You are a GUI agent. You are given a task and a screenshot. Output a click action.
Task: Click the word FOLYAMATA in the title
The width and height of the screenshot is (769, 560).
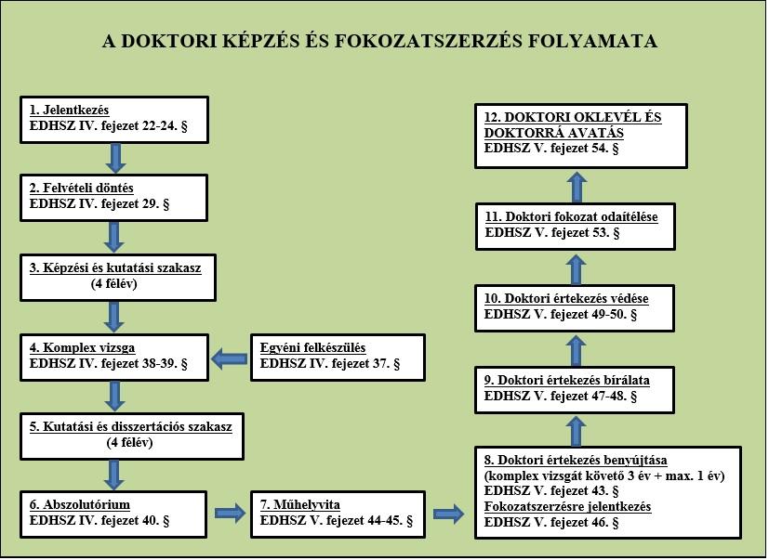click(x=592, y=41)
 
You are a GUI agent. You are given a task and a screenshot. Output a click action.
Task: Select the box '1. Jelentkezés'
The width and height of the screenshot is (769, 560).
click(x=114, y=120)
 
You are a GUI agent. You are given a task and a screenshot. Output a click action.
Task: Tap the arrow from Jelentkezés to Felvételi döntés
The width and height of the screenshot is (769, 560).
click(x=115, y=158)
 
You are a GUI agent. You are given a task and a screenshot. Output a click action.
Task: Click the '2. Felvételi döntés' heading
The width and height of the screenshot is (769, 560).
click(x=82, y=189)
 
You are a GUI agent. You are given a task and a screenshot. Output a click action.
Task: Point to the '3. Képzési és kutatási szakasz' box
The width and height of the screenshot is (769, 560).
click(x=118, y=278)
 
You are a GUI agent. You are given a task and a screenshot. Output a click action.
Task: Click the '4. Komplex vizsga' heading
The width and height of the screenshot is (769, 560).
click(x=82, y=348)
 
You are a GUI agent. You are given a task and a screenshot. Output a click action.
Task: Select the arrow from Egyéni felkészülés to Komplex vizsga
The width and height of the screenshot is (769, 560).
click(x=230, y=359)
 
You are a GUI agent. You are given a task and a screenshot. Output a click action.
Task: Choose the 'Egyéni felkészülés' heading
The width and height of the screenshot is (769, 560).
click(x=312, y=348)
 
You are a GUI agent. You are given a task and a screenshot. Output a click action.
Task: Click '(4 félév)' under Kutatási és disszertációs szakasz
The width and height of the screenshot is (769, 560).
click(x=130, y=442)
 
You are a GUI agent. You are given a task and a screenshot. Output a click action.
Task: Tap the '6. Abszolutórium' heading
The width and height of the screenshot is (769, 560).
click(x=80, y=504)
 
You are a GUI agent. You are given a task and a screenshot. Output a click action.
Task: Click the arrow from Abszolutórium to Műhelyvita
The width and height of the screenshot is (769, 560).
click(x=230, y=514)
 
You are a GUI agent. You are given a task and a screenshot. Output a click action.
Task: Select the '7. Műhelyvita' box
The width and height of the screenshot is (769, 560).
click(x=338, y=514)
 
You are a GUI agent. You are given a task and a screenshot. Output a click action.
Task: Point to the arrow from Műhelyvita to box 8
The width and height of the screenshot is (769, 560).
click(x=448, y=514)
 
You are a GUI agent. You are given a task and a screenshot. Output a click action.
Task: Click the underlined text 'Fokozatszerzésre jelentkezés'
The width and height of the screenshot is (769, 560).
click(x=567, y=506)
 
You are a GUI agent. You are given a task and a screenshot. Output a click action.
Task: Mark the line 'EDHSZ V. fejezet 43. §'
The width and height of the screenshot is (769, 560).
click(x=551, y=491)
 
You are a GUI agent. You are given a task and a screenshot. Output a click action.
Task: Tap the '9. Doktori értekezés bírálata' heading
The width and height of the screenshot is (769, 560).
click(x=567, y=380)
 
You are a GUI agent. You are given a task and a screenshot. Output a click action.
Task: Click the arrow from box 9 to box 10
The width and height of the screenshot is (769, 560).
click(x=577, y=350)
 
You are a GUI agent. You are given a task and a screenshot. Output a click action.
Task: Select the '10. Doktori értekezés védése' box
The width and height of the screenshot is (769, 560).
click(x=575, y=308)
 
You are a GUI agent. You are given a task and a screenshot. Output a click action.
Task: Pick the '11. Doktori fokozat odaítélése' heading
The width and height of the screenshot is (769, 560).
click(x=571, y=217)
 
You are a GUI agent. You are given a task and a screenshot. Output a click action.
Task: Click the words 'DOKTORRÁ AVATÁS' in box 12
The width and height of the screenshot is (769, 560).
click(x=554, y=133)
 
